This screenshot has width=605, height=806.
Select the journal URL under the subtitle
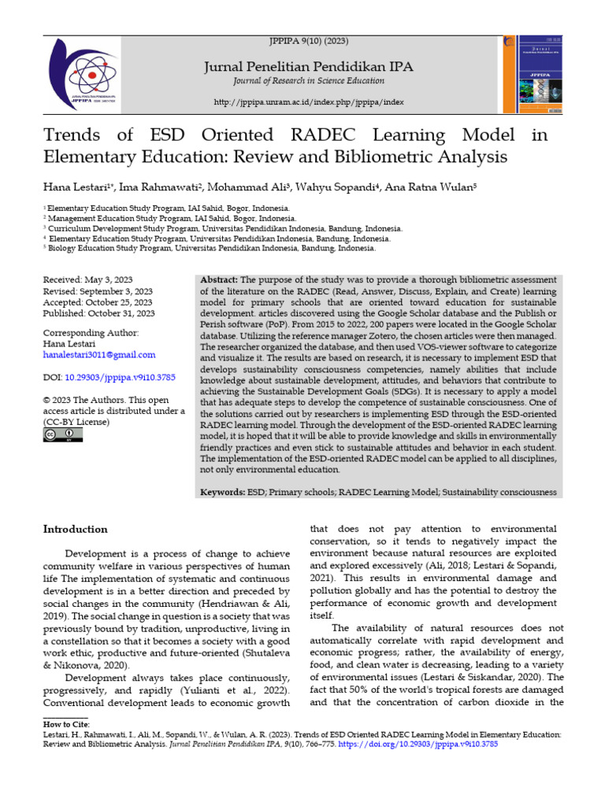(309, 102)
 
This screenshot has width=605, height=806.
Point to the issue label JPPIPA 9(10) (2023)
(309, 40)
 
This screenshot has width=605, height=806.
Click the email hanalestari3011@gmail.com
(98, 355)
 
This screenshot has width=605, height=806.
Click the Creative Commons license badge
(63, 434)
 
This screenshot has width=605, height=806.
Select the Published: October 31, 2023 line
(98, 312)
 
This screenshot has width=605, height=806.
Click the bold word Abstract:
(219, 279)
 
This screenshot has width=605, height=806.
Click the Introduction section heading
(75, 529)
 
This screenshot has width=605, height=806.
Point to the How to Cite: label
(66, 723)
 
